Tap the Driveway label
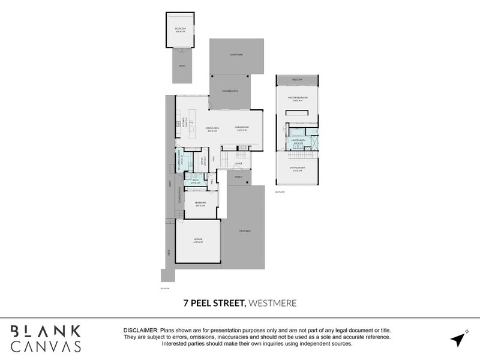tap(244, 231)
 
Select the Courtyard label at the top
tap(236, 55)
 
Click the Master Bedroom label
tap(298, 99)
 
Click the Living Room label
tap(242, 128)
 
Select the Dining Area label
tap(211, 128)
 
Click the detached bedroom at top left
tap(180, 30)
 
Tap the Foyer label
tap(239, 163)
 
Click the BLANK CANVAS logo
tap(46, 337)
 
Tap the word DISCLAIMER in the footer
tap(140, 331)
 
